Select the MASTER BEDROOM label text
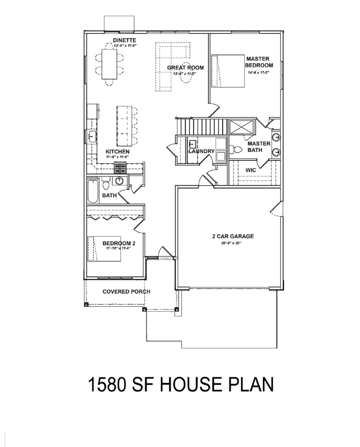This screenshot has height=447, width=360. pyautogui.click(x=259, y=62)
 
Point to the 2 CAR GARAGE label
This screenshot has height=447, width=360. pyautogui.click(x=233, y=236)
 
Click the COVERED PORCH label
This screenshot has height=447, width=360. pyautogui.click(x=126, y=291)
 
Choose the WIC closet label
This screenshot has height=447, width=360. pyautogui.click(x=251, y=170)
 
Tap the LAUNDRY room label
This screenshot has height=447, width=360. pyautogui.click(x=202, y=151)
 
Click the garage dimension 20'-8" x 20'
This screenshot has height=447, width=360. pyautogui.click(x=231, y=243)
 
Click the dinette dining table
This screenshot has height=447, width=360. pyautogui.click(x=110, y=64)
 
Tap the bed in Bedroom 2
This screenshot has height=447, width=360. pyautogui.click(x=104, y=249)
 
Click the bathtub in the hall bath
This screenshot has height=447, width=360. pyautogui.click(x=93, y=191)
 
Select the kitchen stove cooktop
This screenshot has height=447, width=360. pyautogui.click(x=120, y=168)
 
